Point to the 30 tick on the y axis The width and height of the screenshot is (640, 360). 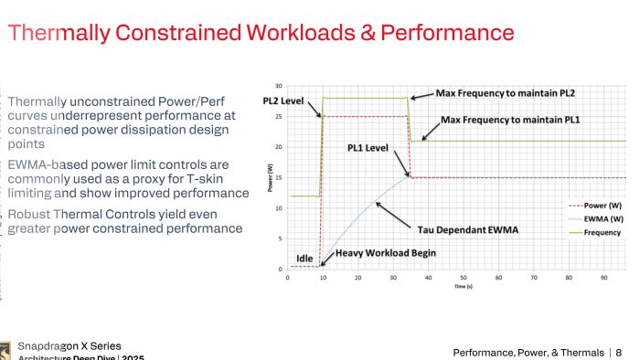[x=278, y=85]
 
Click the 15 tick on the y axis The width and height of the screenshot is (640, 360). [x=278, y=177]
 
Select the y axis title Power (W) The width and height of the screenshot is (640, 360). [x=270, y=177]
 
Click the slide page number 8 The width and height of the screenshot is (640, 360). [x=618, y=352]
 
